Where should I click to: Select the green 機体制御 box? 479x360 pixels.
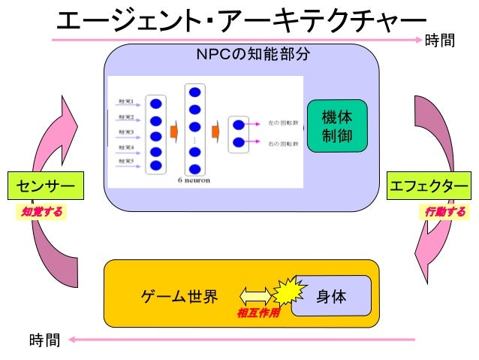point(336,126)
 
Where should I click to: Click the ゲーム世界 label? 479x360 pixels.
point(179,296)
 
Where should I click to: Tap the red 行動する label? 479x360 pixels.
point(444,212)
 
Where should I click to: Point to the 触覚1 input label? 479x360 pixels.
point(125,102)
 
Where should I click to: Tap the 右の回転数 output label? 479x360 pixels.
point(283,143)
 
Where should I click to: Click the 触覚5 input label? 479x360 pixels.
point(125,161)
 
